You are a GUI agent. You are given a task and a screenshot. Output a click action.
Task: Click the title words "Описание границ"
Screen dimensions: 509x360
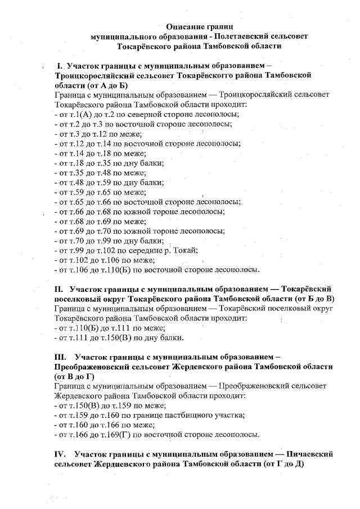point(199,26)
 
